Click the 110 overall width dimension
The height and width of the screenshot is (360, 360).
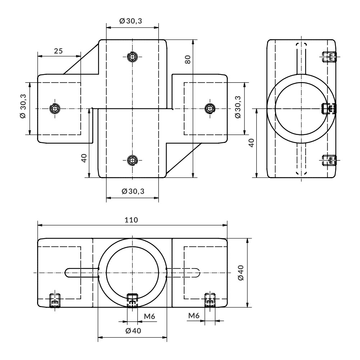point(131,220)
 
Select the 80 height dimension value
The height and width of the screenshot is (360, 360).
point(188,60)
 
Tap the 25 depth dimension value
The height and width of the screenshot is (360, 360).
point(58,51)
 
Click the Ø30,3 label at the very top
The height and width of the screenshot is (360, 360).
point(131,21)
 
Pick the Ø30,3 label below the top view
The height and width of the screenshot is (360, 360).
point(133,191)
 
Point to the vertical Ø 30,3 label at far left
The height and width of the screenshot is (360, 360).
point(23,106)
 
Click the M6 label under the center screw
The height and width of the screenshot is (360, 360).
point(149,316)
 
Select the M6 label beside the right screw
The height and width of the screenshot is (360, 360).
point(194,315)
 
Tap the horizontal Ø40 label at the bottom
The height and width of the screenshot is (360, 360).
point(134,330)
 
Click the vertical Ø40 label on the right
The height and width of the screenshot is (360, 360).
point(241,273)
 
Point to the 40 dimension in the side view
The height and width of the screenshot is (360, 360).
point(252,143)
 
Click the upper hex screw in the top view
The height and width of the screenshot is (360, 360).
point(132,57)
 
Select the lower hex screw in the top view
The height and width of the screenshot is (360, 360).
point(132,160)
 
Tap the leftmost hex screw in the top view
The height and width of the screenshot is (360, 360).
point(55,108)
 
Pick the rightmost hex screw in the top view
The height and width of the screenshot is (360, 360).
point(210,108)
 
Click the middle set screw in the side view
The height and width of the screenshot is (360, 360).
point(329,108)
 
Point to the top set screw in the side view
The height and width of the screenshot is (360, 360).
point(329,57)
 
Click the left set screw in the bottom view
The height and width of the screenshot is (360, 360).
point(55,300)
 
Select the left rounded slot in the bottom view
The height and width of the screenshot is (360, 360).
point(82,273)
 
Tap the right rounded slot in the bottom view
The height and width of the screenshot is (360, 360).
point(183,273)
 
